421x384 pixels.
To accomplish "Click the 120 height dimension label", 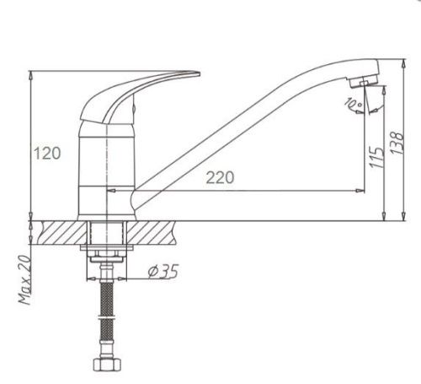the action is [47, 154].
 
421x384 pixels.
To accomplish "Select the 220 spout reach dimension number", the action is [220, 177].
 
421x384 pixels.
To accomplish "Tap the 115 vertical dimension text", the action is [376, 157].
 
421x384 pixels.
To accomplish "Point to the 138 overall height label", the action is [397, 143].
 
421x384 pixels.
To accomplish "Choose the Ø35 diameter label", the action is [163, 272].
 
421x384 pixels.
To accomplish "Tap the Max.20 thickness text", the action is [24, 279].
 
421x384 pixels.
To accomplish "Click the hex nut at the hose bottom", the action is [107, 364].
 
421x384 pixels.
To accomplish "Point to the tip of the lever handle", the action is [199, 74].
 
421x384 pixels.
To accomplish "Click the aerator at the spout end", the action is [364, 81].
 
